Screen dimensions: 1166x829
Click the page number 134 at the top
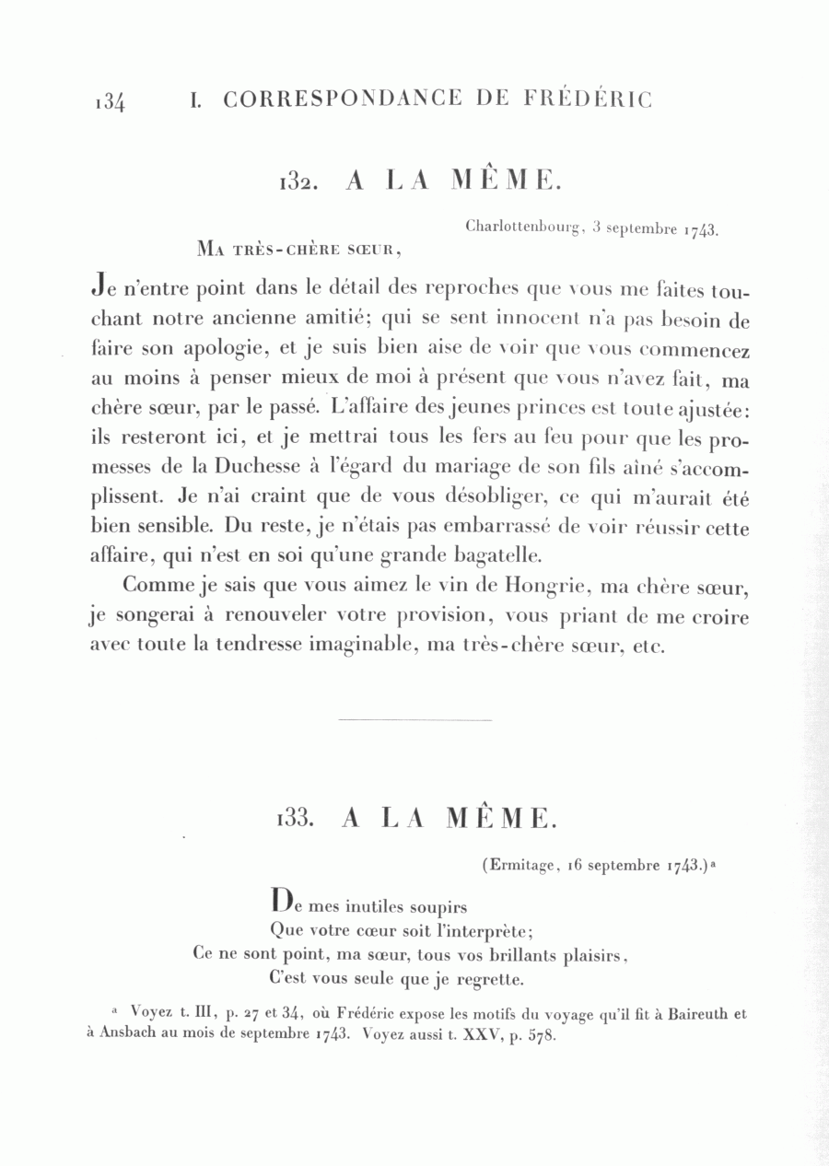110,101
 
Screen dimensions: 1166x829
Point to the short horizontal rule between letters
415,719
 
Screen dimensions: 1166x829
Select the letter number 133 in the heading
297,818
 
